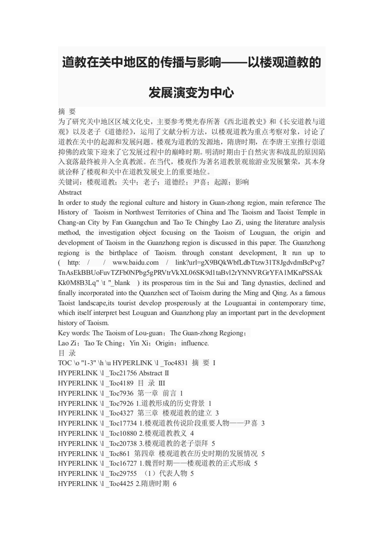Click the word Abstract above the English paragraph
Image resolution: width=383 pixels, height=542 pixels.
click(x=70, y=192)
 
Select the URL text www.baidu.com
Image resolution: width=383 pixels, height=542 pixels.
click(x=135, y=262)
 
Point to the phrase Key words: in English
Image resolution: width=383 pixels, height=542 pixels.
click(x=74, y=333)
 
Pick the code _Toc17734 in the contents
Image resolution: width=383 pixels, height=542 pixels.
click(x=122, y=423)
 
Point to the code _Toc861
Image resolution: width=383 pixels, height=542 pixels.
click(x=118, y=454)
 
